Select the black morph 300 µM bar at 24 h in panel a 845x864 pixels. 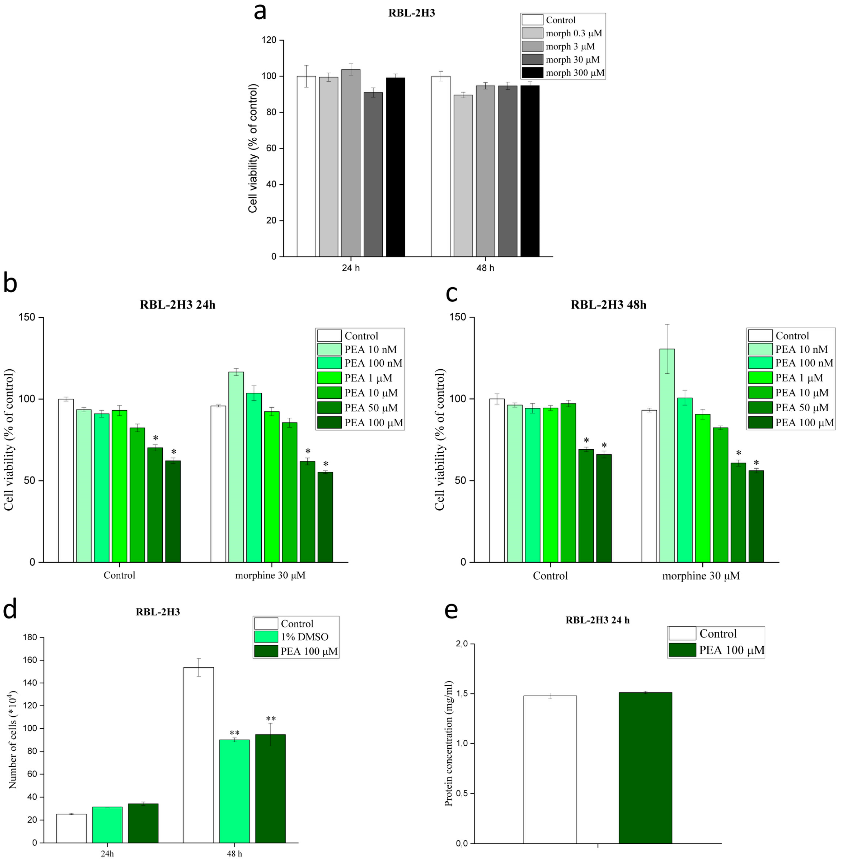(395, 166)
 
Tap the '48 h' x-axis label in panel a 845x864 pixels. (485, 268)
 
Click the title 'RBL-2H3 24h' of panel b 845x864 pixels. (178, 305)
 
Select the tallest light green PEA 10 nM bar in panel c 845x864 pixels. (667, 455)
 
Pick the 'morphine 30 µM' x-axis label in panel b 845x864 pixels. (270, 575)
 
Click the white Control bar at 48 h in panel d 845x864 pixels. (198, 755)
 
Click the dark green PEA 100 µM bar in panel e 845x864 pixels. (645, 768)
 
